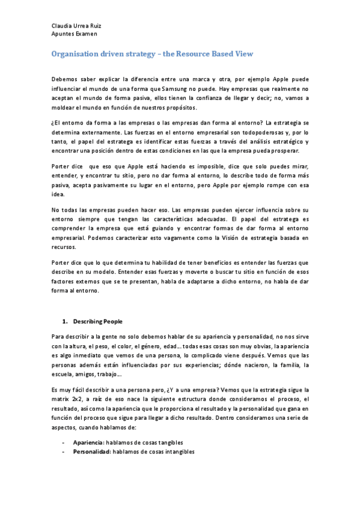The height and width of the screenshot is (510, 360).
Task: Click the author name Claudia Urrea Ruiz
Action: [76, 26]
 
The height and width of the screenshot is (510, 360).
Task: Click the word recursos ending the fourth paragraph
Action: [64, 247]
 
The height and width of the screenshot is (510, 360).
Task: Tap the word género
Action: [166, 346]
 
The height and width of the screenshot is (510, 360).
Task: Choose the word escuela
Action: [64, 373]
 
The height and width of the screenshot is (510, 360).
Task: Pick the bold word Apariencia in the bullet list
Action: [87, 443]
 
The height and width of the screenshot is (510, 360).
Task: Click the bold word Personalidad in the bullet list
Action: [91, 452]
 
